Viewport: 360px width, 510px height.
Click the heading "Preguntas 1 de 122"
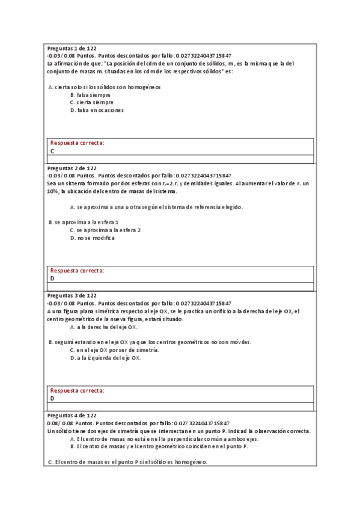click(72, 48)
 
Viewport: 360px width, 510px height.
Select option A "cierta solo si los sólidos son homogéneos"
click(104, 87)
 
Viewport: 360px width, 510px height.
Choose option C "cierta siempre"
click(91, 102)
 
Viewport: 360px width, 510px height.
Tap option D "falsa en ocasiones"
click(96, 110)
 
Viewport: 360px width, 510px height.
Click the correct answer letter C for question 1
click(52, 152)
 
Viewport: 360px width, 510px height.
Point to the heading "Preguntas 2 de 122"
click(72, 168)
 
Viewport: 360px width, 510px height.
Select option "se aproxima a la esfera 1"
click(87, 222)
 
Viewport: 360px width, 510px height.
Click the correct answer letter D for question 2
click(52, 278)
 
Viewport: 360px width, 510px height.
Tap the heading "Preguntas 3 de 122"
click(72, 296)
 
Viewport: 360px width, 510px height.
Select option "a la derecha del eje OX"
click(104, 327)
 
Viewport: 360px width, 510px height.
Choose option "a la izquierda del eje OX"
click(105, 358)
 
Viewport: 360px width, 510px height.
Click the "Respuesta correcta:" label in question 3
click(77, 390)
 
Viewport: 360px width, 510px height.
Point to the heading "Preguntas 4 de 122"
click(72, 416)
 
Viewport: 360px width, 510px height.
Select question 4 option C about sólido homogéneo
click(127, 462)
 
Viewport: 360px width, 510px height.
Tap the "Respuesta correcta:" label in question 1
click(77, 143)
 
